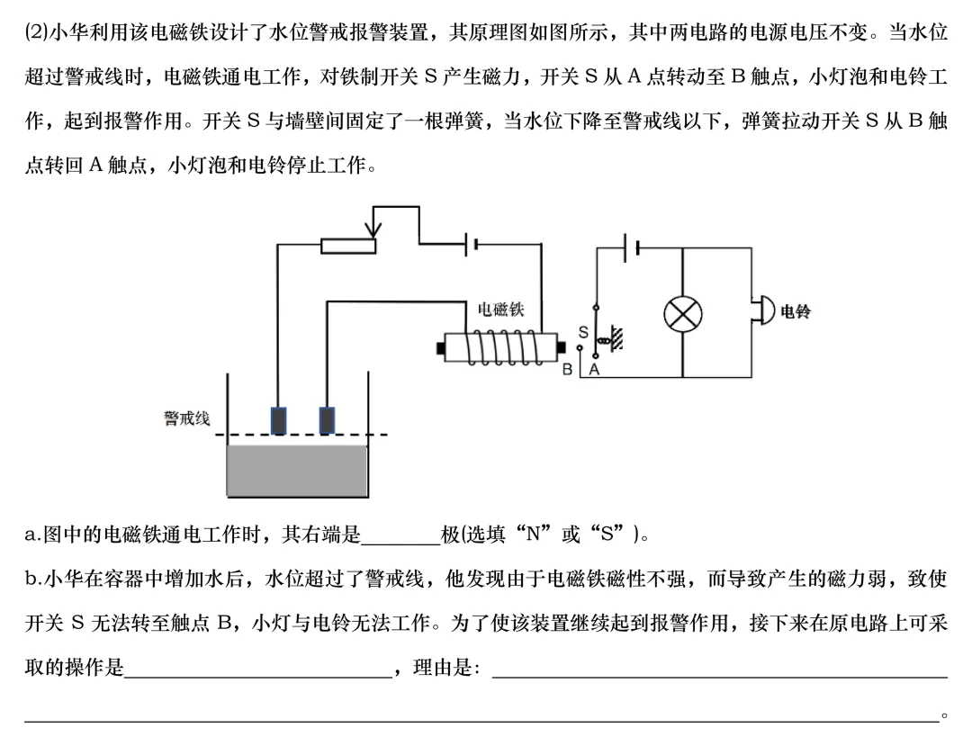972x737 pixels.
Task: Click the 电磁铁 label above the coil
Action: click(500, 310)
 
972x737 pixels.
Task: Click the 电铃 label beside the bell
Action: click(796, 311)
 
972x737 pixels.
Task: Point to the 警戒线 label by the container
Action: click(186, 418)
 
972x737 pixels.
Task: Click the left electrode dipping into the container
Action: click(279, 420)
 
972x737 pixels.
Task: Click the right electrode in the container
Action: click(328, 420)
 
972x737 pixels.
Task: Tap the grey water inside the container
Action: click(297, 471)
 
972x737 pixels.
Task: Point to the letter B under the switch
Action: click(568, 370)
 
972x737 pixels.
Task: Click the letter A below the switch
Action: click(594, 370)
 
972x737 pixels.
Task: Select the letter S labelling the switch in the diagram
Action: click(582, 332)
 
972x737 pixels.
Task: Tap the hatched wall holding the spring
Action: click(617, 338)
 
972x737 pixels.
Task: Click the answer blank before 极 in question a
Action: click(400, 535)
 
